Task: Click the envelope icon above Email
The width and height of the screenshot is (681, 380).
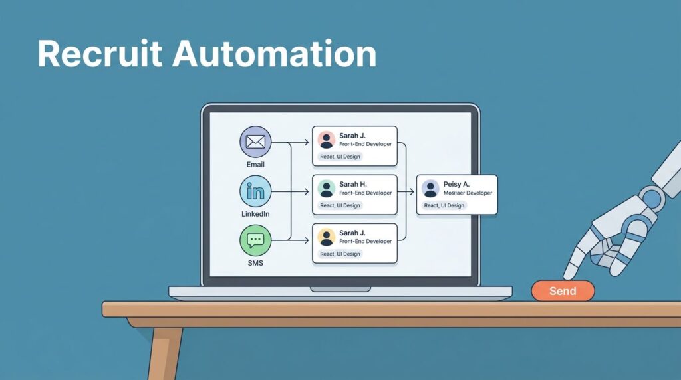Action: click(x=255, y=142)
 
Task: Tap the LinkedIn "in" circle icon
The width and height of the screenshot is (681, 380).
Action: click(x=255, y=191)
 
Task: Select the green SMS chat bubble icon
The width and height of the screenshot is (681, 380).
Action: click(x=255, y=240)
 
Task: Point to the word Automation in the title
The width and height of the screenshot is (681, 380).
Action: click(x=274, y=54)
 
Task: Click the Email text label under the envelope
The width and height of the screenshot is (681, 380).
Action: click(x=255, y=164)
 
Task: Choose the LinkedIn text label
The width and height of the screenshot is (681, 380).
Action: click(x=255, y=214)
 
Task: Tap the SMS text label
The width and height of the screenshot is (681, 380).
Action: click(x=255, y=264)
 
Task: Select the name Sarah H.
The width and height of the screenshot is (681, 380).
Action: click(x=353, y=184)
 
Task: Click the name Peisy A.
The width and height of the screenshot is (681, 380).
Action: click(x=457, y=183)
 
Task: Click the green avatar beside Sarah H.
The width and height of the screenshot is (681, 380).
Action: click(x=326, y=189)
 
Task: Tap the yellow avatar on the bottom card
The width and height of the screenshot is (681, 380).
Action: click(x=326, y=237)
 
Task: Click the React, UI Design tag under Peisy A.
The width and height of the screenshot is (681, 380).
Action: click(x=444, y=205)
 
